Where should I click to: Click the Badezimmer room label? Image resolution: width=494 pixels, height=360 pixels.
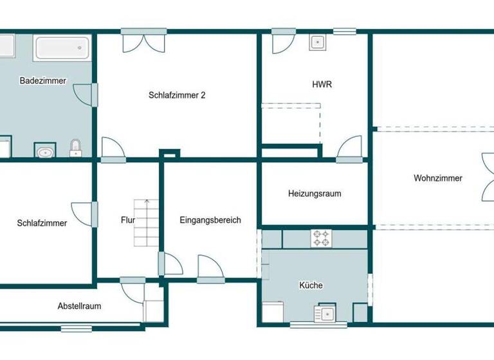(x=43, y=81)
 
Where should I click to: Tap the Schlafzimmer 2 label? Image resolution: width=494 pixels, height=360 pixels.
(x=177, y=95)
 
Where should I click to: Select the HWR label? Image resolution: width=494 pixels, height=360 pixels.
(x=322, y=84)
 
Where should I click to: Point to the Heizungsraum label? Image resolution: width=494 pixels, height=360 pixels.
(x=315, y=194)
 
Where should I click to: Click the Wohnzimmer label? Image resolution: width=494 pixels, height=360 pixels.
(x=437, y=178)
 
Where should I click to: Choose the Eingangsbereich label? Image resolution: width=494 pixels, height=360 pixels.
(x=210, y=220)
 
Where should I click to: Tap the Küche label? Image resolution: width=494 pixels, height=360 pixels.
(x=311, y=285)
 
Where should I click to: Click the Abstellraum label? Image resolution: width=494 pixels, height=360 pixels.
(x=79, y=306)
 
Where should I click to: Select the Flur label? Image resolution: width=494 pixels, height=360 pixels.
(x=127, y=220)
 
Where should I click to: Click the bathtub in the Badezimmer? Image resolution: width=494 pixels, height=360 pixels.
(x=62, y=48)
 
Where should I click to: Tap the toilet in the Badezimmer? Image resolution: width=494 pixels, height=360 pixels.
(x=76, y=148)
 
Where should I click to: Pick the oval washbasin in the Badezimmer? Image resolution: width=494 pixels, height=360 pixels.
(x=45, y=153)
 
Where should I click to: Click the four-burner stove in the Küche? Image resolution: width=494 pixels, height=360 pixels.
(x=321, y=239)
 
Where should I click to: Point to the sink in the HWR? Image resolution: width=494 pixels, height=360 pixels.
(x=317, y=43)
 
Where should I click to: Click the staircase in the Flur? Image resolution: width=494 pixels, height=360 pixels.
(x=145, y=222)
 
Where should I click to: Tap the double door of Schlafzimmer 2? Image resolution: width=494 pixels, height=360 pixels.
(x=144, y=42)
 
